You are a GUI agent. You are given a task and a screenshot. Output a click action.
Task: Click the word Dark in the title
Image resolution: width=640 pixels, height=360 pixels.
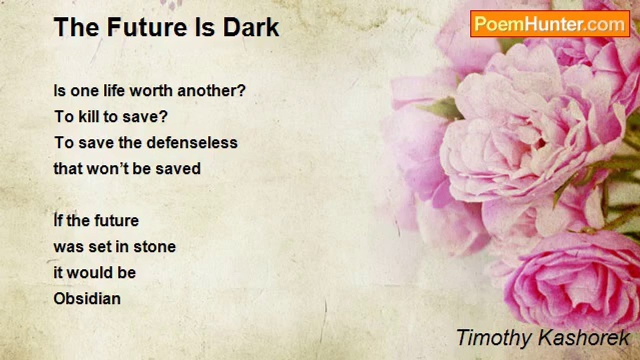coord(251,27)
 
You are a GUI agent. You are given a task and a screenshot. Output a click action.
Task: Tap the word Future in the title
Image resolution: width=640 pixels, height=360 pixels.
coord(147,27)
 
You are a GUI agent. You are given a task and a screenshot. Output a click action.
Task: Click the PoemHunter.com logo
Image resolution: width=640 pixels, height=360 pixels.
coord(550,24)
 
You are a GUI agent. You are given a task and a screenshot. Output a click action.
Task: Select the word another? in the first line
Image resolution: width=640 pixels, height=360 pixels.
coord(211,91)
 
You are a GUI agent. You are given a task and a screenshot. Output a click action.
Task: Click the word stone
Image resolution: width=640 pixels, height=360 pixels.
coord(154,246)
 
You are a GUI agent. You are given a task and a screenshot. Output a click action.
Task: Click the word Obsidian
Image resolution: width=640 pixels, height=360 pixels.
coord(87,298)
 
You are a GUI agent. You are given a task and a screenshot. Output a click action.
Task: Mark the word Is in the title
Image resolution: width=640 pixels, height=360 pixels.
coord(205,27)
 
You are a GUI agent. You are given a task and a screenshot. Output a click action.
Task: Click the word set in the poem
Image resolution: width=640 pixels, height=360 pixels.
coord(97,246)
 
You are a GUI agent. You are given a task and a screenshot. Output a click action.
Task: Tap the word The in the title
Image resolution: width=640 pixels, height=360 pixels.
coord(76,27)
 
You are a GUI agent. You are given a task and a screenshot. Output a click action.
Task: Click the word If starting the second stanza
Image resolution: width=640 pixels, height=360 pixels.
coord(57,220)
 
